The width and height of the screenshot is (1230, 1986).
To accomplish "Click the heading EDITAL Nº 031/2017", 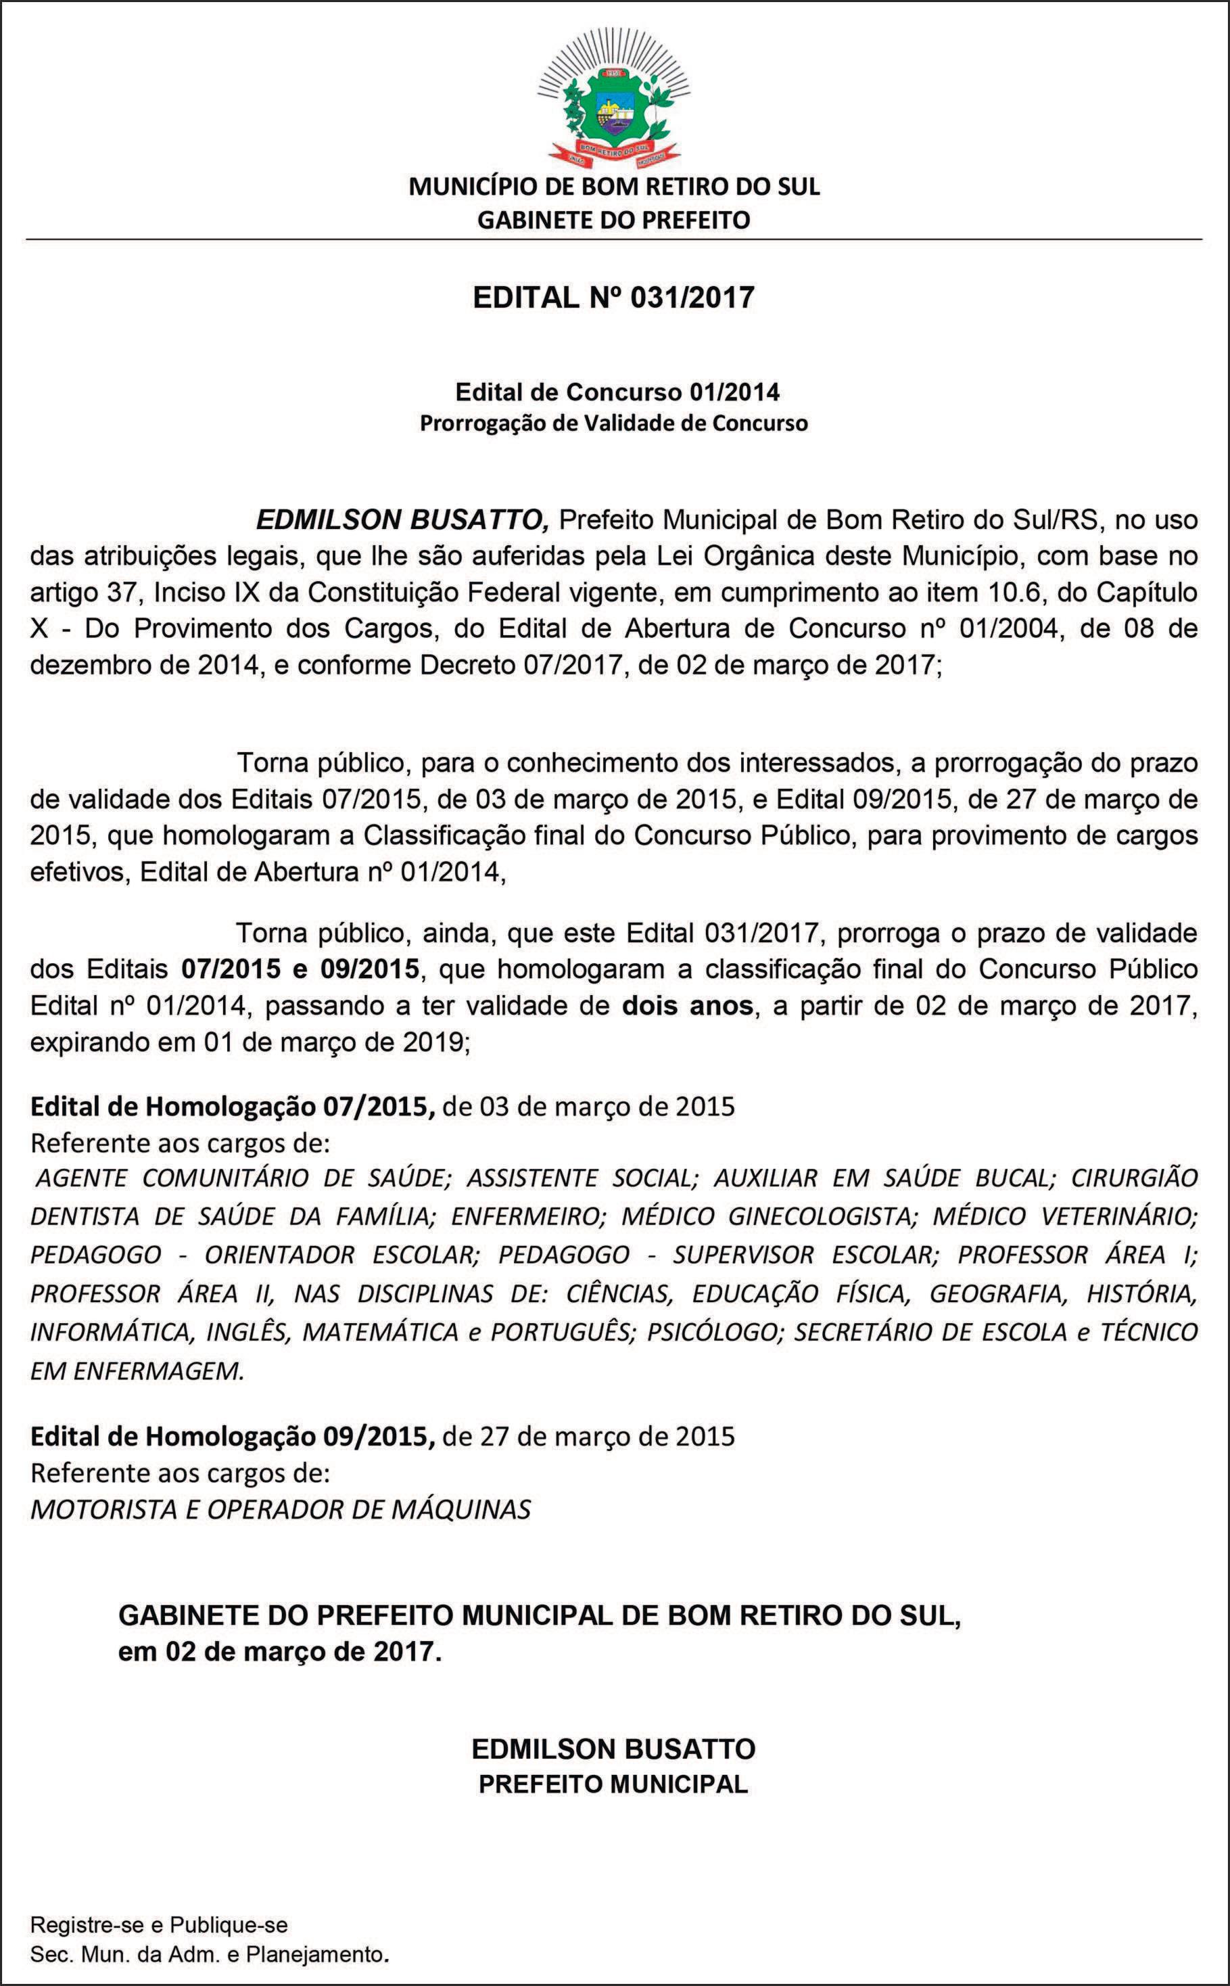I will coord(614,298).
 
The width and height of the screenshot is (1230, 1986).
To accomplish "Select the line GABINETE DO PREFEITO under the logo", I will coord(614,221).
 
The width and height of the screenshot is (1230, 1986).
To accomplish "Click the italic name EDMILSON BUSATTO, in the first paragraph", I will coord(404,519).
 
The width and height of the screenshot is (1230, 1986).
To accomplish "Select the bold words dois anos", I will coord(688,1006).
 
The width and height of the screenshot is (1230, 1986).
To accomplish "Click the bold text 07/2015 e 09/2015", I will coord(300,969).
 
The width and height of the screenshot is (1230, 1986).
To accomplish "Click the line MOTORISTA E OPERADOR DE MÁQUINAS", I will coord(281,1510).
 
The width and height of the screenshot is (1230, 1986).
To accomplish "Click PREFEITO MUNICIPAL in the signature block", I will coord(613,1784).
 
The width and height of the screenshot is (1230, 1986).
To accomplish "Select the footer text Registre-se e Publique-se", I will coord(159,1925).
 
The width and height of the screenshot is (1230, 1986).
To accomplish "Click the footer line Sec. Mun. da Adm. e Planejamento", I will coord(210,1954).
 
